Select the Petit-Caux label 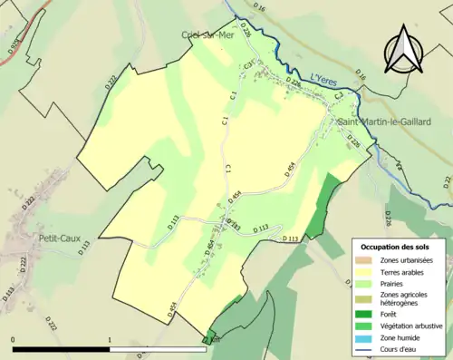coord(60,238)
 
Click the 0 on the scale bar coord(14,340)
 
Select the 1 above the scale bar coord(110,340)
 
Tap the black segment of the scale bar coord(62,348)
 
